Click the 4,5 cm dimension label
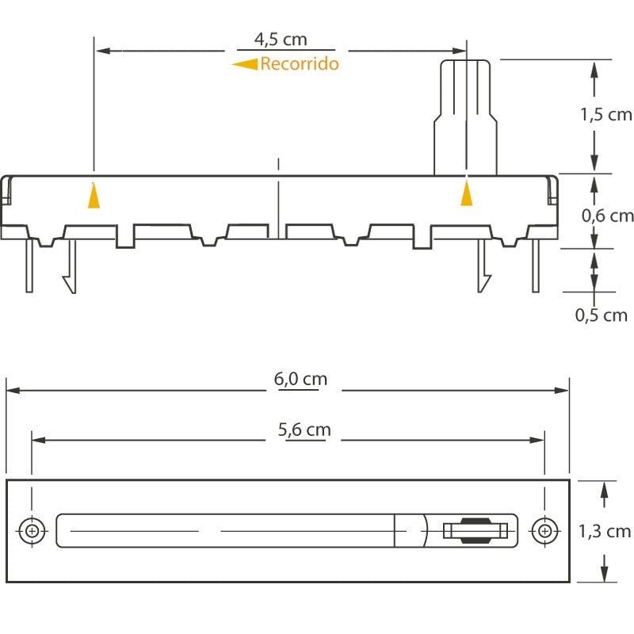(x=281, y=40)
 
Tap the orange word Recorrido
(x=300, y=63)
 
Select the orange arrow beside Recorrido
(x=245, y=64)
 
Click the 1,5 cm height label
(x=606, y=115)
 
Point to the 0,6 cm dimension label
(x=607, y=216)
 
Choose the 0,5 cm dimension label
(x=602, y=315)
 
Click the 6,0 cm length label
(x=300, y=380)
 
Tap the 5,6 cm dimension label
(x=304, y=430)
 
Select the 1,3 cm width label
(x=605, y=531)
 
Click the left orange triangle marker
(x=94, y=196)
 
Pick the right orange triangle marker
(x=467, y=193)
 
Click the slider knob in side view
(x=465, y=117)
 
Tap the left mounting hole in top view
(x=32, y=530)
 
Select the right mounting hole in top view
(x=544, y=530)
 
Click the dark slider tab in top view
(x=476, y=530)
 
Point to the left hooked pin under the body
(x=71, y=266)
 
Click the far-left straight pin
(x=29, y=265)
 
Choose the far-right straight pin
(x=536, y=265)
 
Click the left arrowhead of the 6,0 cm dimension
(x=13, y=391)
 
